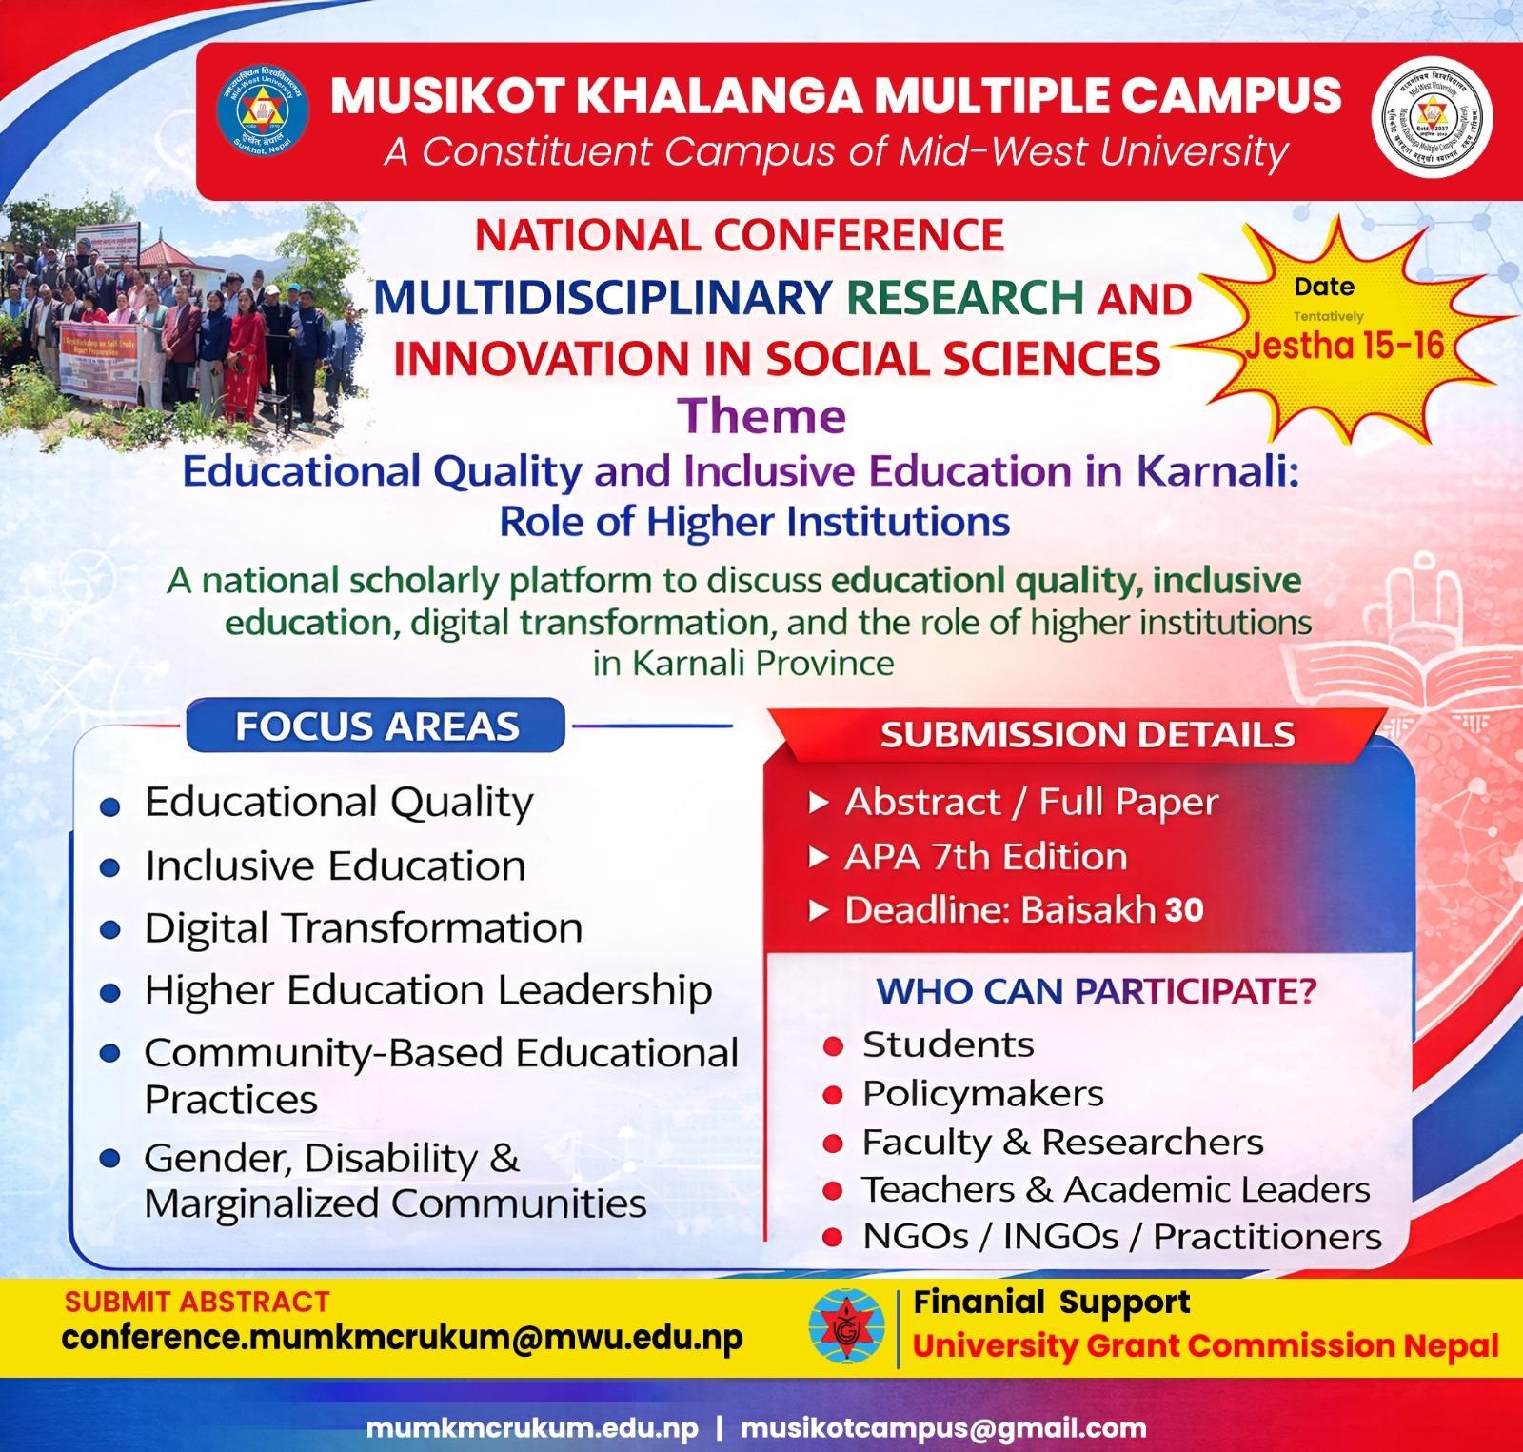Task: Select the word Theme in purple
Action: [761, 417]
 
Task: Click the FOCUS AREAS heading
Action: [377, 726]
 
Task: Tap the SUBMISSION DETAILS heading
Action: [1087, 735]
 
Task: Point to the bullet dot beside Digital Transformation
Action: [110, 930]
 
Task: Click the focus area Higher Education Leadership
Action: [428, 990]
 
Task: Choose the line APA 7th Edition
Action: [985, 857]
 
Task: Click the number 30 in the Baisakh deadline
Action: [1184, 910]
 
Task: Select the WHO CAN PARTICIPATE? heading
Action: [1096, 991]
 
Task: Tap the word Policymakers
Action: [982, 1093]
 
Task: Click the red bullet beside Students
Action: [834, 1046]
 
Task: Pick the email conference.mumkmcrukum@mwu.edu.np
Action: [403, 1338]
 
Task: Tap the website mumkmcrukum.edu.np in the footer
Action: [532, 1428]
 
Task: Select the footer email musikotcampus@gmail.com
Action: [943, 1428]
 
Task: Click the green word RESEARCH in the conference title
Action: [964, 297]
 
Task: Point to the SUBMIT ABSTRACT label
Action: [196, 1301]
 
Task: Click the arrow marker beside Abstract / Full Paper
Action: [818, 804]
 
